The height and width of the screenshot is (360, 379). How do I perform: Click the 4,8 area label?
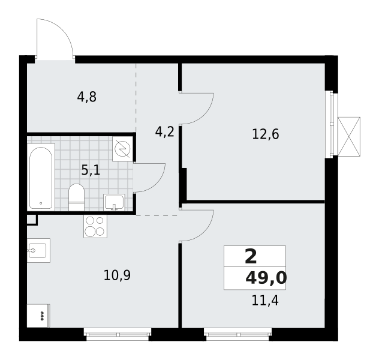pyautogui.click(x=87, y=97)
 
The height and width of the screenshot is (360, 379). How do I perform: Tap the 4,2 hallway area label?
pyautogui.click(x=164, y=132)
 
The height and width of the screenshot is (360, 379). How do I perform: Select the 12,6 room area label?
pyautogui.click(x=266, y=134)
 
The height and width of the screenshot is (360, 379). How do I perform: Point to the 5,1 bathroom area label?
pyautogui.click(x=91, y=170)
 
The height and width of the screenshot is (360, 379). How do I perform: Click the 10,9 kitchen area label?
pyautogui.click(x=117, y=275)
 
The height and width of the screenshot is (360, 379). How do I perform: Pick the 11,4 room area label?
pyautogui.click(x=265, y=301)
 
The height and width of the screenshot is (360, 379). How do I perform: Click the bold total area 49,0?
pyautogui.click(x=266, y=278)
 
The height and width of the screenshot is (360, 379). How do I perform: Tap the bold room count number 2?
pyautogui.click(x=251, y=257)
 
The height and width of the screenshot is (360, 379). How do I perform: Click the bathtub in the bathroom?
pyautogui.click(x=41, y=177)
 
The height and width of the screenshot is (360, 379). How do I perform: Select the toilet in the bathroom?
pyautogui.click(x=76, y=197)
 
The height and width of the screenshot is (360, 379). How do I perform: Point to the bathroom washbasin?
pyautogui.click(x=114, y=202)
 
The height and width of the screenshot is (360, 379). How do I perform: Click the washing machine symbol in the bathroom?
pyautogui.click(x=122, y=149)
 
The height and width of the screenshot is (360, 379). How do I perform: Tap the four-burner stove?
pyautogui.click(x=95, y=226)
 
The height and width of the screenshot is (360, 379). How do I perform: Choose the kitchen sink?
pyautogui.click(x=38, y=250)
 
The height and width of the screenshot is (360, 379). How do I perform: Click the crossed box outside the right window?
pyautogui.click(x=349, y=137)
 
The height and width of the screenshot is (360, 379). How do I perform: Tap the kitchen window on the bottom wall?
pyautogui.click(x=118, y=334)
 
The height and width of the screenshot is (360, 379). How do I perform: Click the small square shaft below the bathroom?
pyautogui.click(x=32, y=220)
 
